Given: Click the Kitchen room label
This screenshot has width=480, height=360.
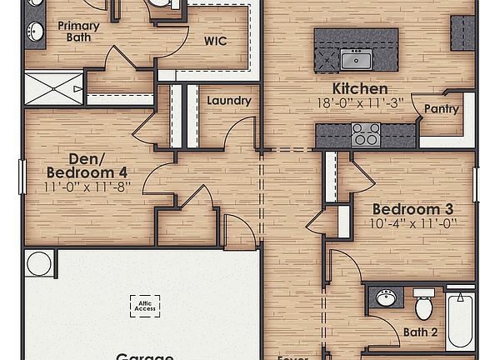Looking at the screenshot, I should [360, 88].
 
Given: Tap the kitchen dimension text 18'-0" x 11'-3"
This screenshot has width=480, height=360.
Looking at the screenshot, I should [360, 103].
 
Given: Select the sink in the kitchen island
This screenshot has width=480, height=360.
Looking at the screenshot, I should [356, 59].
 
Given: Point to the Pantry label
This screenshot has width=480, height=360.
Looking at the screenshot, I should [441, 109].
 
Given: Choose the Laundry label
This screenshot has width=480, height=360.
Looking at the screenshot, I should [229, 101].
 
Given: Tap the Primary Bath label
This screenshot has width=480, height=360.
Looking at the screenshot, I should [78, 32].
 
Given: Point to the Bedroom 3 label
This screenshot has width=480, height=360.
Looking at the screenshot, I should [412, 208].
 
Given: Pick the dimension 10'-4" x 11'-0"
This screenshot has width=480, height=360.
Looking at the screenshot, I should [412, 223].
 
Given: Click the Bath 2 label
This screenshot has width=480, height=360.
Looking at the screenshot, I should [422, 332].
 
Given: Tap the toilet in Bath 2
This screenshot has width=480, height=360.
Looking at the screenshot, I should [424, 305].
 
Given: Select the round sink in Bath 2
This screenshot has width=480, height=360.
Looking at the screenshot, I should [385, 298].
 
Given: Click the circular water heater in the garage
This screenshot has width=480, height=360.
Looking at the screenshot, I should [38, 264].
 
